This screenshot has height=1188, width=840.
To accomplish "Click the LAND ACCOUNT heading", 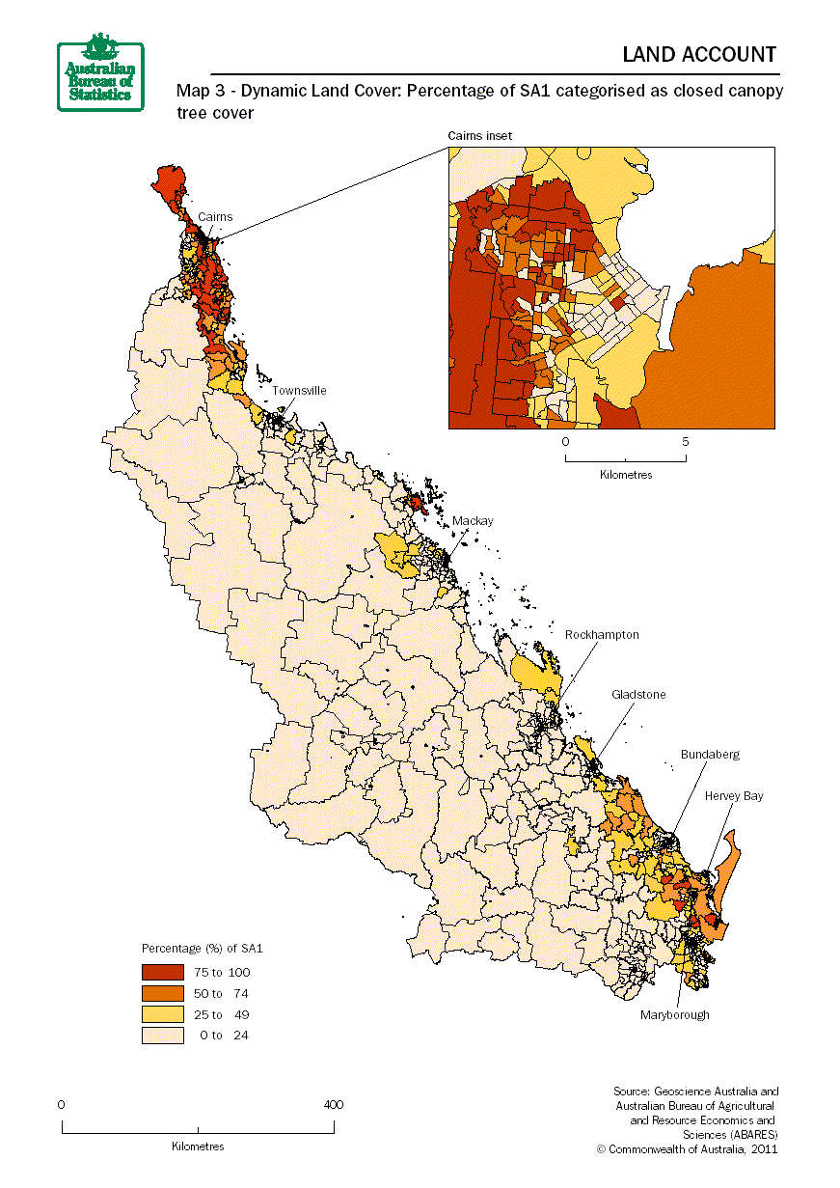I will pos(699,54).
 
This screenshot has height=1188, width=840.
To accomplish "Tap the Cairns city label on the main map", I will pos(215,217).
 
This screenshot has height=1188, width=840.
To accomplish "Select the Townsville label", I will pos(299,391).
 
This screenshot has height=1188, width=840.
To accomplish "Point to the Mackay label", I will pos(473,521).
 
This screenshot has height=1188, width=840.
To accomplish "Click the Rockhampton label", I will pos(602,635).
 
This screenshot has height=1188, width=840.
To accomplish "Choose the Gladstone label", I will pos(638,695).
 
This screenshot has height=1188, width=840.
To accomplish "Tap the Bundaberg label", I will pos(710,755).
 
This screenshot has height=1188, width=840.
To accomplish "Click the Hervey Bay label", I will pos(733,796).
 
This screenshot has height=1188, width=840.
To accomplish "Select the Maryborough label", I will pos(675,1014).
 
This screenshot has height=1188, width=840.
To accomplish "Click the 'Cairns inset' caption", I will pos(480,136).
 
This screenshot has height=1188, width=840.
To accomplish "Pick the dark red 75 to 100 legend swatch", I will pos(162,972).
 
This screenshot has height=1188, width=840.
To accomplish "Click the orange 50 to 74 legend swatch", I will pos(162,993).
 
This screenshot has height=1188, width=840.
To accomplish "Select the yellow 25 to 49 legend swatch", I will pos(162,1014).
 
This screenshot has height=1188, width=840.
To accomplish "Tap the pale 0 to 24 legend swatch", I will pos(162,1036).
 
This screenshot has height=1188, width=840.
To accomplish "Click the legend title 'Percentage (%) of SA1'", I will pos(203,949).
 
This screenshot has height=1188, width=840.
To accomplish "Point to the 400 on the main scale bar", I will pos(333,1105).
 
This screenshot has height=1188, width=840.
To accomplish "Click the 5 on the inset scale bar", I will pos(686,442).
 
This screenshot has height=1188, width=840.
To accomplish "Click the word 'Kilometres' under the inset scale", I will pos(626,475).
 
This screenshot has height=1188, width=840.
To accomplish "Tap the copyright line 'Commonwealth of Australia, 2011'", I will pos(687,1148).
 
